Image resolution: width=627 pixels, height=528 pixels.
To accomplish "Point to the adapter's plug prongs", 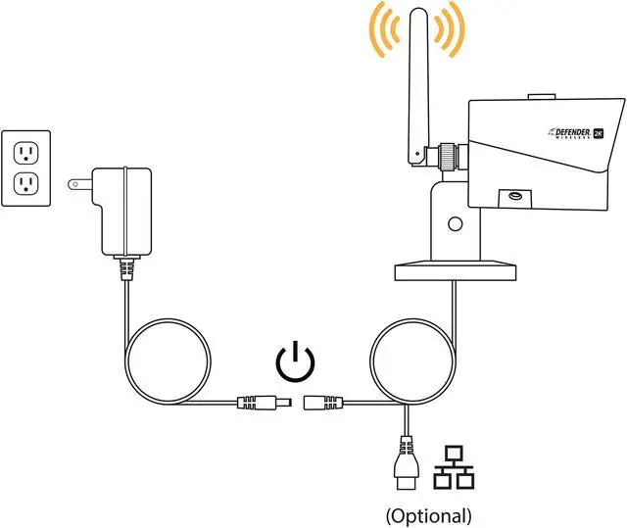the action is tap(76, 182).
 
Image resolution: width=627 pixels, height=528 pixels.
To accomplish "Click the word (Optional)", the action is tap(428, 514).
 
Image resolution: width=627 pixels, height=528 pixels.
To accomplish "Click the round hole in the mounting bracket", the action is tap(454, 223).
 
